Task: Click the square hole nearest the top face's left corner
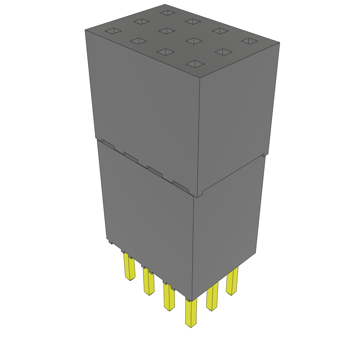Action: [x=113, y=31]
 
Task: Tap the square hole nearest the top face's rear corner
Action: [x=167, y=13]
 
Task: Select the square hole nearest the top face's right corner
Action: [x=250, y=41]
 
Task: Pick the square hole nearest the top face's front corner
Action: [x=195, y=64]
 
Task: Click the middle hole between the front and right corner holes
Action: [x=223, y=52]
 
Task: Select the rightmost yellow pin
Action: [x=232, y=281]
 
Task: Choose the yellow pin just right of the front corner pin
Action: [x=212, y=297]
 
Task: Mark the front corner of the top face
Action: [x=200, y=77]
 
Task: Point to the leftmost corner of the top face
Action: [x=85, y=30]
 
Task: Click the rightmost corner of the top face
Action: [x=279, y=43]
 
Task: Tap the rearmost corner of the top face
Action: [x=165, y=4]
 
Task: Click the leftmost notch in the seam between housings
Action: [x=108, y=143]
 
